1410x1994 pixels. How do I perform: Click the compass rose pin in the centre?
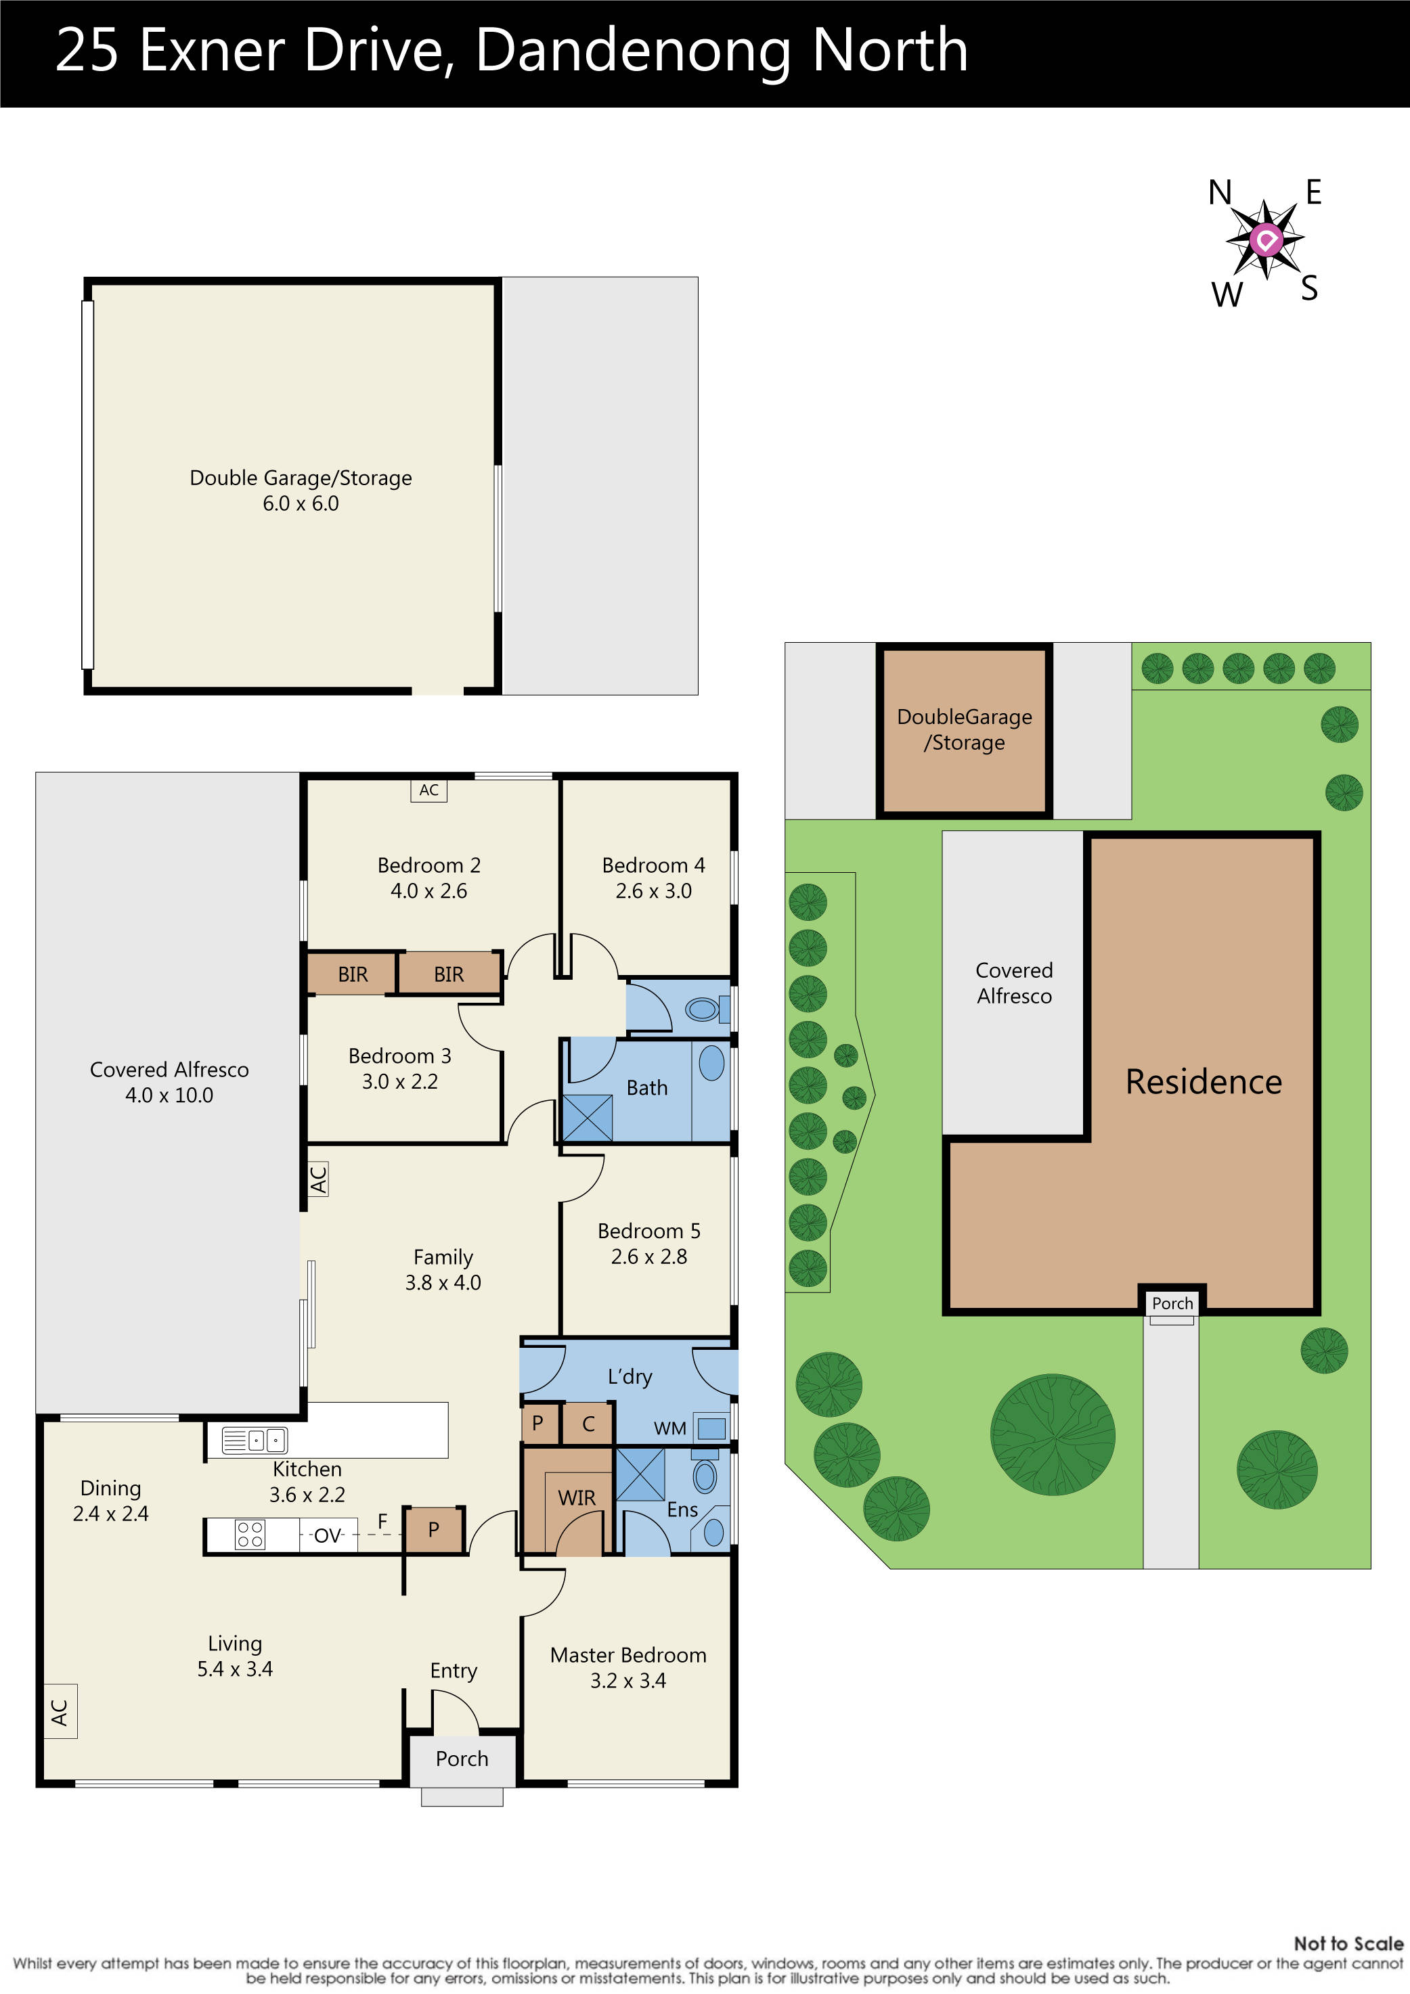coord(1266,239)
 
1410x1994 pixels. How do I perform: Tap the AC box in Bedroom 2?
coord(428,790)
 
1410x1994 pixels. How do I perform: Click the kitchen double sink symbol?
coord(254,1441)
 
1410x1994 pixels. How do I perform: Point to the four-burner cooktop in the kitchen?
coord(250,1535)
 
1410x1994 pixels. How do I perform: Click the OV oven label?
coord(328,1535)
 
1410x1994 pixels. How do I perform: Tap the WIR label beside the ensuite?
coord(577,1498)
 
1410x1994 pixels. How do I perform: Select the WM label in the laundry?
coord(670,1428)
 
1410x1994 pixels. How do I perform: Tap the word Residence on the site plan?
coord(1204,1082)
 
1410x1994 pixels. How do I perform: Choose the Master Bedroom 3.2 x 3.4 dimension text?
coord(628,1681)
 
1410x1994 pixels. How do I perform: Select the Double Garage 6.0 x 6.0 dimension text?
coord(301,503)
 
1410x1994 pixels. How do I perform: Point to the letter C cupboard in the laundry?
coord(588,1424)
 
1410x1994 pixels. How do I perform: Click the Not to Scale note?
coord(1348,1944)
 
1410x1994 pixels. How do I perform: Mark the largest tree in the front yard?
coord(1053,1434)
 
